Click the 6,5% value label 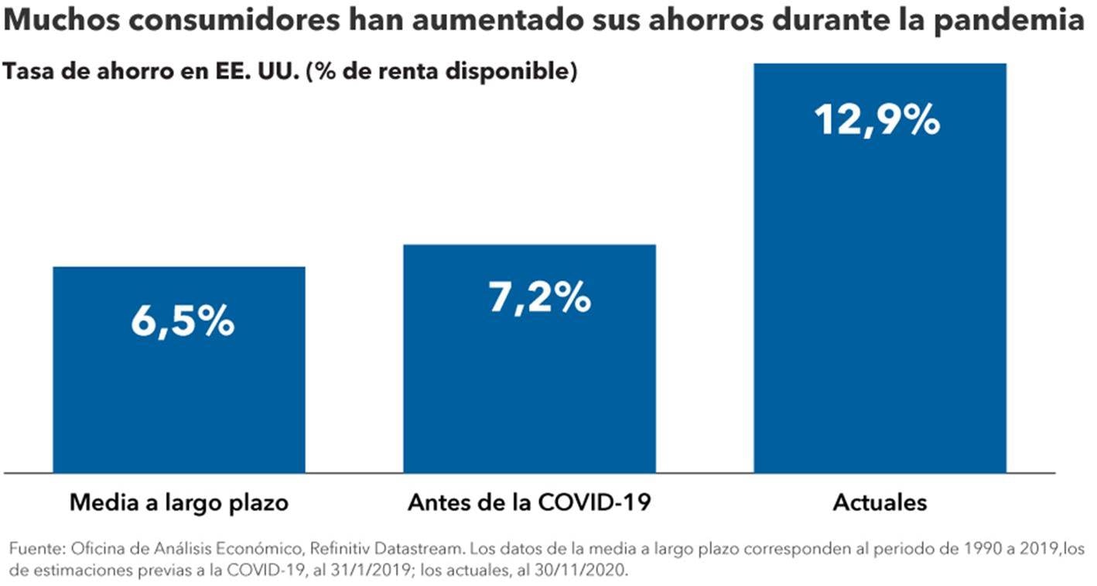183,321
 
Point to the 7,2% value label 539,296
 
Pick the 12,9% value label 877,120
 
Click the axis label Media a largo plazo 179,503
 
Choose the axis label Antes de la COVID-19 529,503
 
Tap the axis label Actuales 880,503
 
